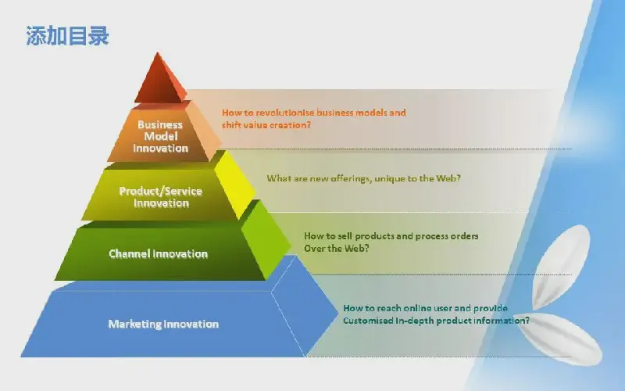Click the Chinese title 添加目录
pos(67,35)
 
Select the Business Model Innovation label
pos(160,136)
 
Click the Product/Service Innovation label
pos(161,197)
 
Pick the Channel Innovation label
pos(159,253)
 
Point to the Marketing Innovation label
pos(163,324)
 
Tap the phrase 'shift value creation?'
pos(266,125)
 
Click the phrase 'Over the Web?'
pos(337,248)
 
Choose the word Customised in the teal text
pos(368,321)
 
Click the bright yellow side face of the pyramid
pos(235,185)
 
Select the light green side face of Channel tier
pos(266,239)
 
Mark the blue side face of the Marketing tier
pos(305,307)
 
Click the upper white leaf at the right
pos(562,265)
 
